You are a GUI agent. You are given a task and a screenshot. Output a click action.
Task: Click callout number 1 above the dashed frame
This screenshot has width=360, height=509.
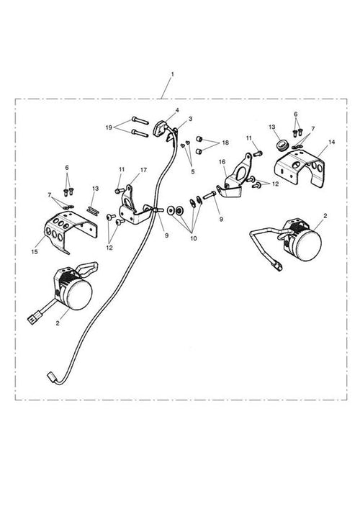pos(172,74)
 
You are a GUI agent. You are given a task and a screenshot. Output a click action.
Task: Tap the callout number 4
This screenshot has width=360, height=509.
pos(177,110)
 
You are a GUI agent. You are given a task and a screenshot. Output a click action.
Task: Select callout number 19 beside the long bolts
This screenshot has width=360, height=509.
pos(109,127)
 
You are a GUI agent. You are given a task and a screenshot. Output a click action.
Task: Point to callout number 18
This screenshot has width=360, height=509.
pos(225,143)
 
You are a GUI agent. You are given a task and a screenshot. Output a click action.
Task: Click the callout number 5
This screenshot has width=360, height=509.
pos(193,171)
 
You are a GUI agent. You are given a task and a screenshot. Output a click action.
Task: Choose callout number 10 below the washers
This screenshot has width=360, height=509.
pos(194,238)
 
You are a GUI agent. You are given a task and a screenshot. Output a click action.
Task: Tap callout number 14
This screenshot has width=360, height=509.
pos(331,142)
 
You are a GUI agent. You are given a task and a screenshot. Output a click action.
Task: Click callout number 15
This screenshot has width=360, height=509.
pos(35,251)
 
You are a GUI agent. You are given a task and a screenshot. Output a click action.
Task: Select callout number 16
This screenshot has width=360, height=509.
pos(222,162)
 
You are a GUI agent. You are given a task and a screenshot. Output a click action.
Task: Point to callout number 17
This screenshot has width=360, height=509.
pos(143,170)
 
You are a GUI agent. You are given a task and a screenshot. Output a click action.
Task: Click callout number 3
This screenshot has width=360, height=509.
pos(190,119)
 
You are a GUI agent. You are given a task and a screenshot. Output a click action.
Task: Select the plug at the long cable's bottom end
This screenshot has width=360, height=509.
pos(51,377)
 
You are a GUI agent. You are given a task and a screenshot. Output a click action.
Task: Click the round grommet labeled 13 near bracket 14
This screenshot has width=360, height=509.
pos(282,146)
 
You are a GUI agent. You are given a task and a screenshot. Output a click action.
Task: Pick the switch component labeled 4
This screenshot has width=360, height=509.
pos(160,128)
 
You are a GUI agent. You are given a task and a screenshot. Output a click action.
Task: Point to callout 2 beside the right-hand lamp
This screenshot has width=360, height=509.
pos(325,216)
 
